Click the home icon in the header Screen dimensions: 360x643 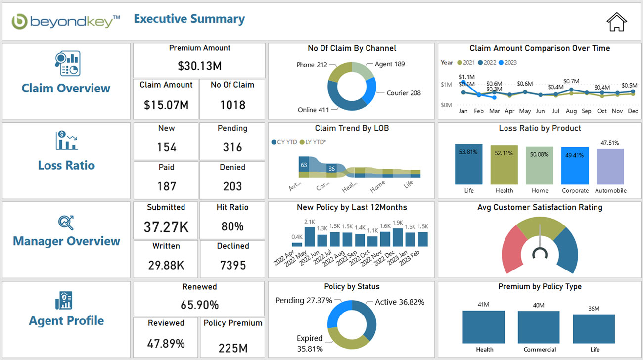[616, 22]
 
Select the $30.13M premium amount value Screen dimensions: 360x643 [199, 66]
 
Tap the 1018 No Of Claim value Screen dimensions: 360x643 [232, 105]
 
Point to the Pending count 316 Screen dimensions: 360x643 [232, 147]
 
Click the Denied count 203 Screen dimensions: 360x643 [232, 186]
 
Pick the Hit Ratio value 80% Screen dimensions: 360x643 [232, 226]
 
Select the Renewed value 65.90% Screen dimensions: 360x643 [199, 305]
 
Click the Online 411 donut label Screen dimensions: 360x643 [313, 110]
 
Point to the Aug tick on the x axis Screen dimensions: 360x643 [571, 111]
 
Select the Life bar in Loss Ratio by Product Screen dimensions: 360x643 [468, 165]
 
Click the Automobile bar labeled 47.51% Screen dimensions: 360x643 [610, 167]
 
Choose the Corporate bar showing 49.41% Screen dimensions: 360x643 [575, 166]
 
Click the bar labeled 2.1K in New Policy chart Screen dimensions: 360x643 [310, 236]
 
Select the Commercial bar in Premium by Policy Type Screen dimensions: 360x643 [540, 327]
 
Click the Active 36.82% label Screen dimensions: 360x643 [399, 302]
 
